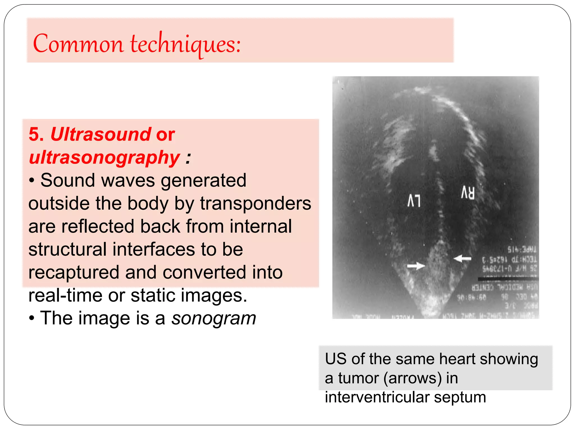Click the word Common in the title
(x=78, y=44)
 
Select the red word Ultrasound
(x=101, y=134)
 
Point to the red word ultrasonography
(x=104, y=157)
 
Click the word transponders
(x=255, y=203)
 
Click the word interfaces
(x=154, y=249)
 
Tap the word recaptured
(x=74, y=272)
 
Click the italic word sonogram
(x=214, y=318)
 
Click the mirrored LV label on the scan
(x=414, y=201)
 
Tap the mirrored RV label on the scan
(x=468, y=193)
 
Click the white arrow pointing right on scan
(x=416, y=265)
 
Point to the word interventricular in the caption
(x=377, y=397)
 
